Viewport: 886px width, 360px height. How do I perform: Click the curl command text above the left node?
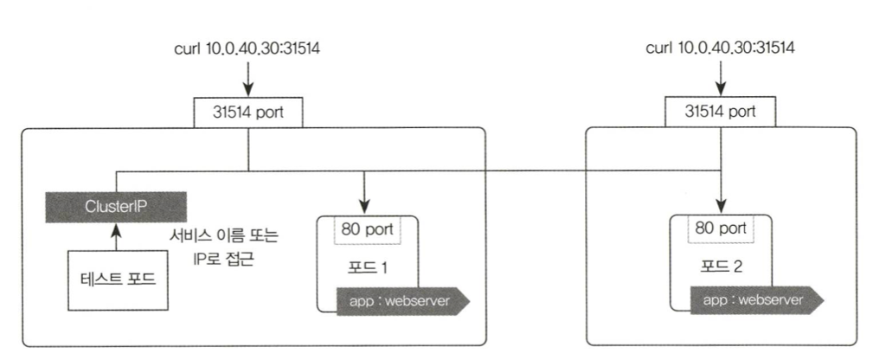click(248, 48)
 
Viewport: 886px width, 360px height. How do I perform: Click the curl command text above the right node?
click(720, 48)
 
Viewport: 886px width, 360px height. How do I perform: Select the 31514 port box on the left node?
click(248, 112)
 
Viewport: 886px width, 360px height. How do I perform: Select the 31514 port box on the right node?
click(720, 112)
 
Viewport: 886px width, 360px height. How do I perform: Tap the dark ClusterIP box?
click(115, 206)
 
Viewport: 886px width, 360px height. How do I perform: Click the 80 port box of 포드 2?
click(720, 230)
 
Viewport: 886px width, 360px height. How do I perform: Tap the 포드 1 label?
click(366, 266)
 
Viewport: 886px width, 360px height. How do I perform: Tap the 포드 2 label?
click(720, 266)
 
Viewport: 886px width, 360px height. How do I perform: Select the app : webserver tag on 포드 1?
click(400, 300)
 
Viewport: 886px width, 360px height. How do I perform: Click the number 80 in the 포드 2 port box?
click(705, 230)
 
